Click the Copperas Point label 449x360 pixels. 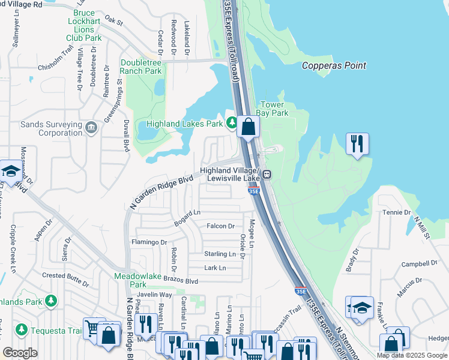click(x=334, y=65)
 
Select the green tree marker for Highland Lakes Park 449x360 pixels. click(x=232, y=124)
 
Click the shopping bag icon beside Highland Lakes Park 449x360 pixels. click(x=247, y=127)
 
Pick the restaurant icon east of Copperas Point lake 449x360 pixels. click(x=357, y=143)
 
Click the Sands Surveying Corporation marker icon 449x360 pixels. click(x=91, y=127)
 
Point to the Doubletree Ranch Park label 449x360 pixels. click(x=141, y=67)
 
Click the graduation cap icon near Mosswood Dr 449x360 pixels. click(x=11, y=172)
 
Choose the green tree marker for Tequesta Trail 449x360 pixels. click(x=22, y=329)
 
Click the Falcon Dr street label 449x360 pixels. click(x=220, y=226)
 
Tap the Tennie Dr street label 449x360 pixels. click(x=396, y=213)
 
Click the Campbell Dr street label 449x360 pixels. click(x=419, y=263)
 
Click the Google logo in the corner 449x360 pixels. click(x=20, y=353)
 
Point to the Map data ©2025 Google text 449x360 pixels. click(x=411, y=355)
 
